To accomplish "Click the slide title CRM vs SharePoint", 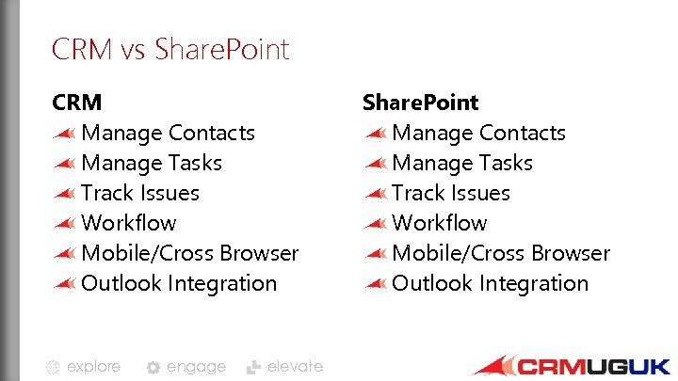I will (x=170, y=49).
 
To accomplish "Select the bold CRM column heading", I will (x=76, y=102).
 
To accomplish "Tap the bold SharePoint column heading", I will (x=421, y=102).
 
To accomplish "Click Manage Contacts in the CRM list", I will (x=168, y=133).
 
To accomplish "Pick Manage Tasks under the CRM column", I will (x=152, y=163).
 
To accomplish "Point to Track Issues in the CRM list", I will (x=140, y=193).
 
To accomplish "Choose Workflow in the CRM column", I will (x=129, y=223).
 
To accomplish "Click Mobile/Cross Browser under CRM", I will (x=189, y=253).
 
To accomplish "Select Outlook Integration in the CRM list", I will (x=179, y=283).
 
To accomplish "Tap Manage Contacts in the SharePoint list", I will (x=478, y=133).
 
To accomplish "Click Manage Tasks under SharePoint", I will (x=462, y=163).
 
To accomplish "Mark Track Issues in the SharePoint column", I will (x=451, y=193).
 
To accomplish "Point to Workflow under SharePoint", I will (x=440, y=223).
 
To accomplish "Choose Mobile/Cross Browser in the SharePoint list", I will (x=501, y=253).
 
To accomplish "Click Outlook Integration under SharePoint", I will (x=490, y=283).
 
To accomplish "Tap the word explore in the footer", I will (x=93, y=367).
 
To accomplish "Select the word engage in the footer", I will (x=196, y=367).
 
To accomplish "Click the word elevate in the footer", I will (x=295, y=367).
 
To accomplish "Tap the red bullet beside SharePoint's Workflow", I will (x=376, y=224).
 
